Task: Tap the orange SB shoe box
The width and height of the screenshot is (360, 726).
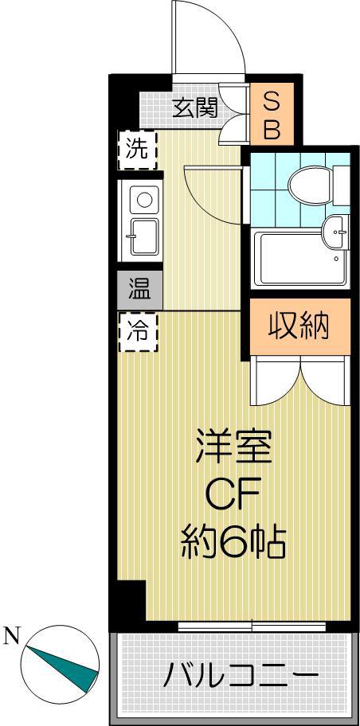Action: click(x=272, y=113)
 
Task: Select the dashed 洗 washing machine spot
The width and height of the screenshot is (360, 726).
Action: click(x=137, y=150)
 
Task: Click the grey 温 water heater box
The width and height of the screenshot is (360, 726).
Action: click(x=139, y=291)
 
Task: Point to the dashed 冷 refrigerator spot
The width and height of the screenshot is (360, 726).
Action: click(x=138, y=332)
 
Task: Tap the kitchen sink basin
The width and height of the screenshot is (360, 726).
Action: click(x=143, y=236)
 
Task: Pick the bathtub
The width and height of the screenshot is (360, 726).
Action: click(x=299, y=259)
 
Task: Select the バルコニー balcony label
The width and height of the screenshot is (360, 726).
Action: click(x=241, y=675)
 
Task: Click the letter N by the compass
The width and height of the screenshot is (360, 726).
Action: click(x=12, y=637)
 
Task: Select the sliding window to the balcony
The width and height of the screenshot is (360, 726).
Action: click(x=252, y=626)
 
